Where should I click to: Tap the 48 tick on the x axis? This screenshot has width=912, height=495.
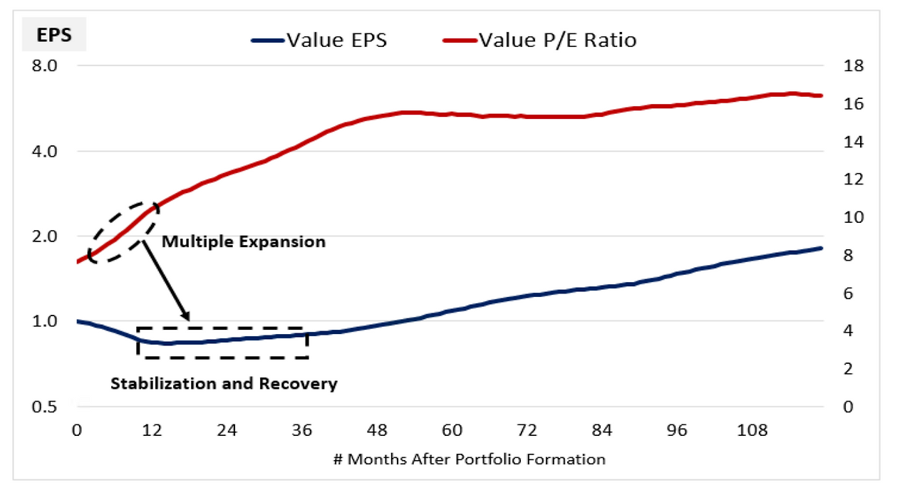pyautogui.click(x=377, y=431)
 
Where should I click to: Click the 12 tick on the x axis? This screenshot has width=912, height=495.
pyautogui.click(x=151, y=431)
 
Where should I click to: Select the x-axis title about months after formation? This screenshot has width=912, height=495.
pyautogui.click(x=469, y=459)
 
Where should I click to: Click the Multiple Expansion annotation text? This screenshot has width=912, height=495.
pyautogui.click(x=244, y=242)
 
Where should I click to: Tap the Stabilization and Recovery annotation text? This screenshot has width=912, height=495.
pyautogui.click(x=224, y=384)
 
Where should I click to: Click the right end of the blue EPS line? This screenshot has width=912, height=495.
pyautogui.click(x=822, y=249)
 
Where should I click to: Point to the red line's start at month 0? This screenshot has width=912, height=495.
pyautogui.click(x=77, y=262)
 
